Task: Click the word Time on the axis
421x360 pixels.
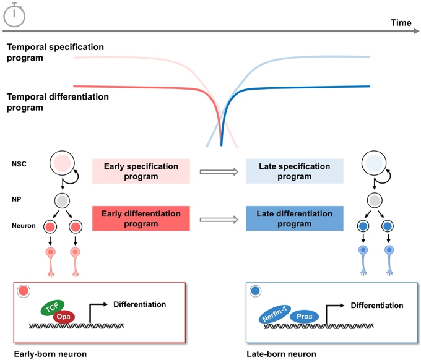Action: [401, 23]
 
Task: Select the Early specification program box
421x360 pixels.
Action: [141, 171]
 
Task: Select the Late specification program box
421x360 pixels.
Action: [294, 171]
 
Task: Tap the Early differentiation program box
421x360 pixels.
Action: [141, 219]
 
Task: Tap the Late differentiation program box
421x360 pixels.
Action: [294, 219]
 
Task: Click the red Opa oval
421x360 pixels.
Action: [64, 317]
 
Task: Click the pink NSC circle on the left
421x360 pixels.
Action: [62, 164]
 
